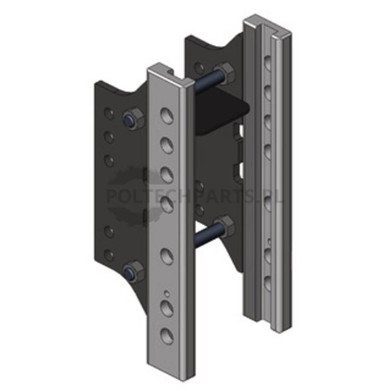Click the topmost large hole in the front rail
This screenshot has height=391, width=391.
[167, 115]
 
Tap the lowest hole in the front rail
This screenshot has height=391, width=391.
[167, 336]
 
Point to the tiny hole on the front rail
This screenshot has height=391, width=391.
[167, 294]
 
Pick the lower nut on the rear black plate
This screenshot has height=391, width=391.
[224, 226]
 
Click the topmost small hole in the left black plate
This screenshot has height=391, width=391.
[109, 113]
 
